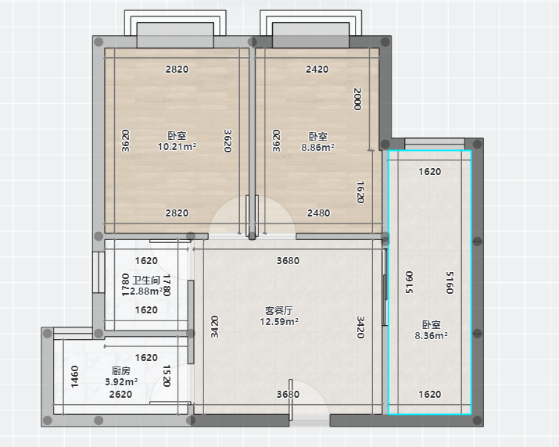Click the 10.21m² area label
click(177, 146)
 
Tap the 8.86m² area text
click(317, 147)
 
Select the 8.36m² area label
click(431, 335)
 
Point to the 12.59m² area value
click(279, 321)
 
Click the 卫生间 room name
click(146, 281)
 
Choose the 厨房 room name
click(121, 371)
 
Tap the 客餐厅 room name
click(279, 311)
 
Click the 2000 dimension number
click(357, 99)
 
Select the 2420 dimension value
click(317, 69)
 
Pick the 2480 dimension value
click(319, 213)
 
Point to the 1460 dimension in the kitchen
click(74, 377)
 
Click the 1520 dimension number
click(167, 376)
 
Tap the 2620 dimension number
click(120, 394)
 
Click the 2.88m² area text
click(146, 291)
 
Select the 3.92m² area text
click(121, 382)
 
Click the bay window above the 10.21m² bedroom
click(175, 29)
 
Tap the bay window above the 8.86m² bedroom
click(310, 29)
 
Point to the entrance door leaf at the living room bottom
click(291, 400)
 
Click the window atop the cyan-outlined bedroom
click(435, 144)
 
